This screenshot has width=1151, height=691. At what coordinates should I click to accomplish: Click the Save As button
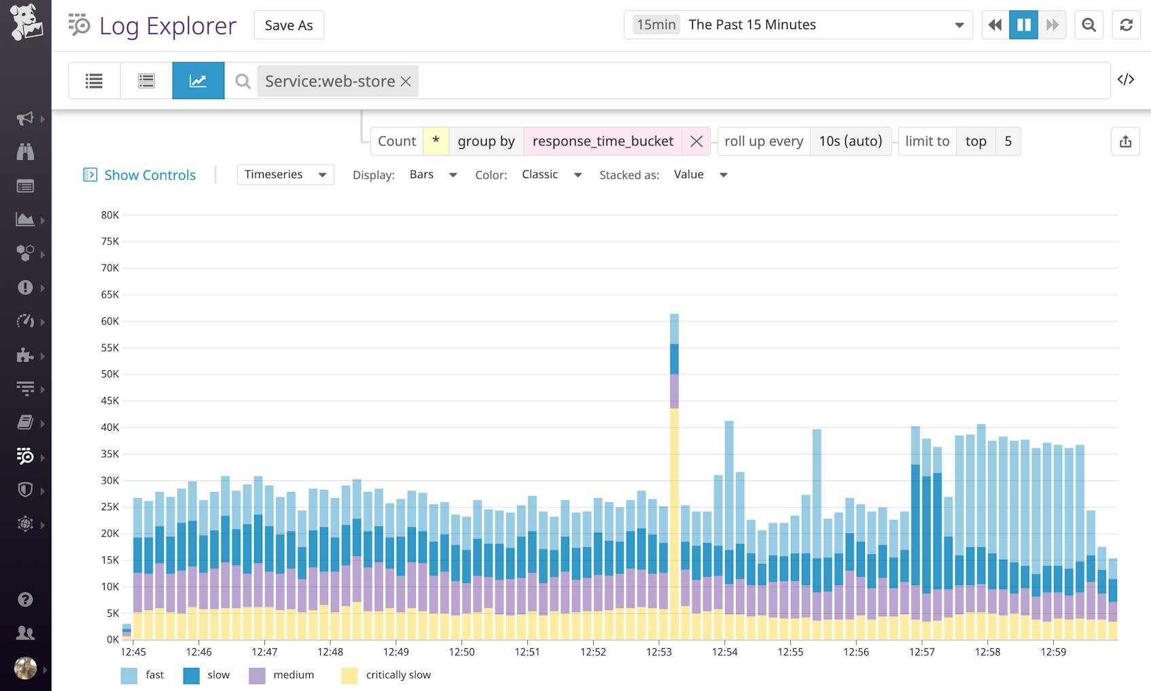(x=289, y=25)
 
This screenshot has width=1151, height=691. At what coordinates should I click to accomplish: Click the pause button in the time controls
(x=1023, y=25)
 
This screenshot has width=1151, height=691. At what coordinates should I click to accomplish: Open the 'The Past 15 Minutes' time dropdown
(x=798, y=25)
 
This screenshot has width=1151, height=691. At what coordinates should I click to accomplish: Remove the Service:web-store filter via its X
(x=406, y=82)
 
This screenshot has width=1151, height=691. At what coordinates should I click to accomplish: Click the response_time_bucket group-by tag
(x=603, y=141)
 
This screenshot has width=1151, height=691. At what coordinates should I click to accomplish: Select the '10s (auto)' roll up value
(x=850, y=141)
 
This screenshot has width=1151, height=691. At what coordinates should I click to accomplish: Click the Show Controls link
(x=149, y=175)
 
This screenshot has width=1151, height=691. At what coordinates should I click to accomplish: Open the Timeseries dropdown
(x=285, y=175)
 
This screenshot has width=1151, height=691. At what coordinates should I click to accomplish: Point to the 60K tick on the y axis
(x=110, y=321)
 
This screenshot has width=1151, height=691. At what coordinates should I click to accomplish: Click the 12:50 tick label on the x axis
(x=461, y=652)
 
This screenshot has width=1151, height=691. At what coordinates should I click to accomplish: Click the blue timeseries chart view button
(x=198, y=81)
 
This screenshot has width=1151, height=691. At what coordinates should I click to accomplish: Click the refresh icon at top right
(x=1126, y=25)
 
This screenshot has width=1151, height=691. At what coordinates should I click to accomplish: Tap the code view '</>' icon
(x=1126, y=79)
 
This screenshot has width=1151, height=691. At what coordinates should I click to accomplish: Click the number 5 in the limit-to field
(x=1008, y=141)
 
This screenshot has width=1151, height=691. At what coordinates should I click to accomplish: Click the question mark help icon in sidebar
(x=25, y=599)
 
